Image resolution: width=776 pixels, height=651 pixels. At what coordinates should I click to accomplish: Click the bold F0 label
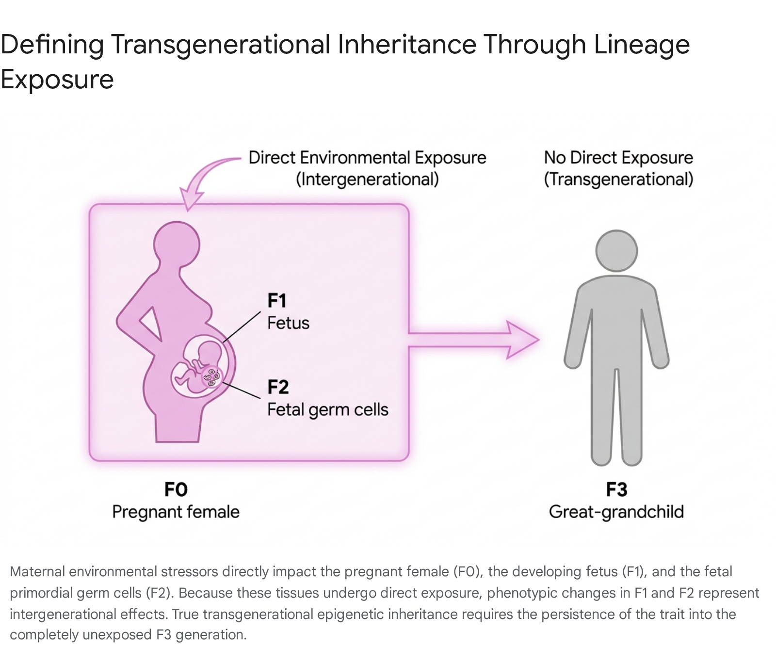(176, 489)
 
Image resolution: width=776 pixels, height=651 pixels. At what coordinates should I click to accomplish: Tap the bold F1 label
(277, 301)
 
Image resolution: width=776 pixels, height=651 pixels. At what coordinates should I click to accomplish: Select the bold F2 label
(278, 387)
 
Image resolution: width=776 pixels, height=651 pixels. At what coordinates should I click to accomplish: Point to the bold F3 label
(616, 489)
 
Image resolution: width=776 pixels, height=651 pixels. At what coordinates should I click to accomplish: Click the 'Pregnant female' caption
(176, 512)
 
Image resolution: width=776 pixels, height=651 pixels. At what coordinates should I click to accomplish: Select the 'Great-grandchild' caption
(616, 512)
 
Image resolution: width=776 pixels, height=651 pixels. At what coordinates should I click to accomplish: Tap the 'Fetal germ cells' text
(328, 410)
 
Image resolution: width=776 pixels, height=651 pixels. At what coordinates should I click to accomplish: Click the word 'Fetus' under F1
(288, 323)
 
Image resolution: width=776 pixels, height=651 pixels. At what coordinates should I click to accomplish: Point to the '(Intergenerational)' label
(367, 179)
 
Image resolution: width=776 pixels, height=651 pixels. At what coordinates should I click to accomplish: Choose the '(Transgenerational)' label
(618, 179)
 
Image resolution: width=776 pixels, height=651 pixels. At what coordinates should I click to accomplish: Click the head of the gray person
(616, 251)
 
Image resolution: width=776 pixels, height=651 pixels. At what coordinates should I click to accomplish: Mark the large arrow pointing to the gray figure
(473, 340)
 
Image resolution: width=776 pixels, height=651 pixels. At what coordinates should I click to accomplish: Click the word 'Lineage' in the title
(642, 45)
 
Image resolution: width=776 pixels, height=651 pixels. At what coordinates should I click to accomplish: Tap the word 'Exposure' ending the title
(57, 80)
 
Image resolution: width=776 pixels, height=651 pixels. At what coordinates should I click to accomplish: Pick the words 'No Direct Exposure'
(618, 158)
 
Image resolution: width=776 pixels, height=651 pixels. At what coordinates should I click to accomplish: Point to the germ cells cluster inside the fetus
(211, 377)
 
